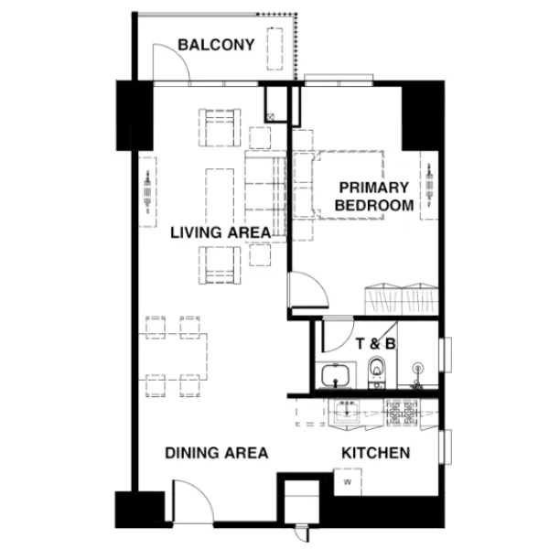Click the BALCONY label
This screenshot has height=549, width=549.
[216, 45]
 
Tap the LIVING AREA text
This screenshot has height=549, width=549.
[221, 232]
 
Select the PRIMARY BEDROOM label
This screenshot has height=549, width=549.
[374, 197]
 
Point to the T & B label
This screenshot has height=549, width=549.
[376, 344]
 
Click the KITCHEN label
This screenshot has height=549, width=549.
[376, 453]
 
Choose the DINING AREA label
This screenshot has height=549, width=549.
[217, 453]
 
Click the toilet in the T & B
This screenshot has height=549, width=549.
[376, 372]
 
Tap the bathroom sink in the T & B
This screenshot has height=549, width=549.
[336, 375]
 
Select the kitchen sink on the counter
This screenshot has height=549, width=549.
[346, 412]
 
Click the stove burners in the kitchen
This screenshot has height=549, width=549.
[402, 414]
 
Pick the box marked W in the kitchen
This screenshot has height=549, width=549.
[348, 482]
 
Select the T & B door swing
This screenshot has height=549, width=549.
[338, 335]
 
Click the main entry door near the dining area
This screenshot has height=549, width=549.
[192, 501]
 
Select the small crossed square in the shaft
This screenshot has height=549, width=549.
[270, 116]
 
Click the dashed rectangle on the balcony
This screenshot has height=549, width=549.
[274, 48]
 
